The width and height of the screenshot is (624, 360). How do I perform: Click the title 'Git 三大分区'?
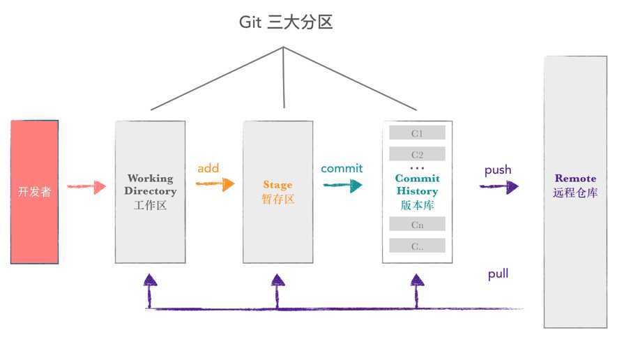(x=286, y=22)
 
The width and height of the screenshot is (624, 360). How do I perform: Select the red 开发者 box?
(x=35, y=192)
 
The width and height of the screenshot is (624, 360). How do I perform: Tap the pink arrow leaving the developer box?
(x=86, y=187)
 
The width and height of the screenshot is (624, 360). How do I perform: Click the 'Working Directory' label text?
(x=151, y=185)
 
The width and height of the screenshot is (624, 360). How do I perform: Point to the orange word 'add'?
(x=208, y=168)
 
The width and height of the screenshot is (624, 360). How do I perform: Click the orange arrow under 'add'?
(x=214, y=185)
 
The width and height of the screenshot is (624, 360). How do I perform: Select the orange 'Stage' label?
(x=277, y=185)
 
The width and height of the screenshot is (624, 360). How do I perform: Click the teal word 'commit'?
(x=342, y=168)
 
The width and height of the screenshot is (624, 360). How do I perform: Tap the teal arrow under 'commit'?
(x=342, y=185)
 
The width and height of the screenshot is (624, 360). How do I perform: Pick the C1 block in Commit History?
(x=417, y=133)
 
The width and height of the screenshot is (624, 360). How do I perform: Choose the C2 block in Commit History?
(x=417, y=154)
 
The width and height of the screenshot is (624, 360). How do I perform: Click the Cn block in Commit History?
(x=417, y=225)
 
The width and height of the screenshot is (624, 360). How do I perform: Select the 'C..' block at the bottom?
(x=417, y=246)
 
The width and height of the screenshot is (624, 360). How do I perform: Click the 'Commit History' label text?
(x=417, y=185)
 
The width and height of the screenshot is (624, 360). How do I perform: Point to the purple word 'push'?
(x=498, y=170)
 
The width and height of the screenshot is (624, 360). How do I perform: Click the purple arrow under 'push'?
(x=499, y=187)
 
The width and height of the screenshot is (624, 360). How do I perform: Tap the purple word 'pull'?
(x=498, y=274)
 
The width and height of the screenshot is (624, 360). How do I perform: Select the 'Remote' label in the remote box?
(x=575, y=178)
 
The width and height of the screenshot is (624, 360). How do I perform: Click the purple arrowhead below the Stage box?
(x=278, y=280)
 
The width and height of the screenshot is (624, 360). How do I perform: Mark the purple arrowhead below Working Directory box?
(x=150, y=280)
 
